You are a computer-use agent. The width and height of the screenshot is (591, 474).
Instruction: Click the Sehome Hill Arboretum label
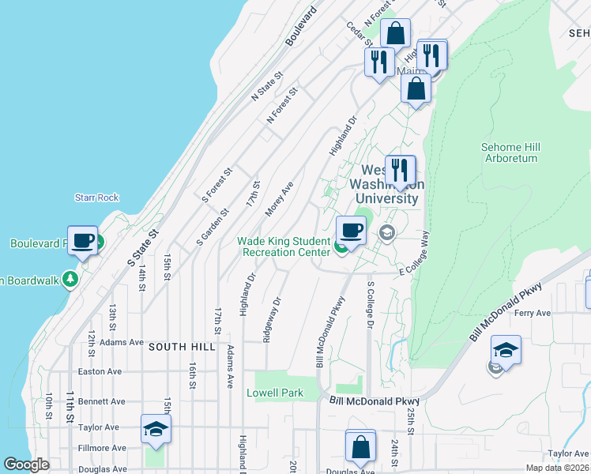click(510, 152)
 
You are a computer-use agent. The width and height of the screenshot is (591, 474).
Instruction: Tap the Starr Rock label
click(96, 197)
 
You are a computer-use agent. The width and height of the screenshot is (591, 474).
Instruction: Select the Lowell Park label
click(275, 393)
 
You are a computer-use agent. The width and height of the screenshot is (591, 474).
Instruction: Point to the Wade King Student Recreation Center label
click(284, 246)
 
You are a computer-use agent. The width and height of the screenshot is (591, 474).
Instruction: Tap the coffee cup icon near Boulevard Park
click(82, 240)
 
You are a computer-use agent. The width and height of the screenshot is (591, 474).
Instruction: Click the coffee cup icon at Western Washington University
click(351, 231)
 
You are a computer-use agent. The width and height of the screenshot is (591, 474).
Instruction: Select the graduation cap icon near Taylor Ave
click(156, 429)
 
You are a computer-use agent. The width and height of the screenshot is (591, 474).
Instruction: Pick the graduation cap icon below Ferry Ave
click(506, 350)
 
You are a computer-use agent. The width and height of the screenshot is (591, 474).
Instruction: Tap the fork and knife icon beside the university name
click(401, 170)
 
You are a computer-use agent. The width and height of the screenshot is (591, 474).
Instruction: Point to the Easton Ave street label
click(100, 371)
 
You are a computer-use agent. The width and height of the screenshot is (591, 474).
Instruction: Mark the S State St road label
click(143, 247)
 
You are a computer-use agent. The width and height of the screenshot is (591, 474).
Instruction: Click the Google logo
click(26, 465)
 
